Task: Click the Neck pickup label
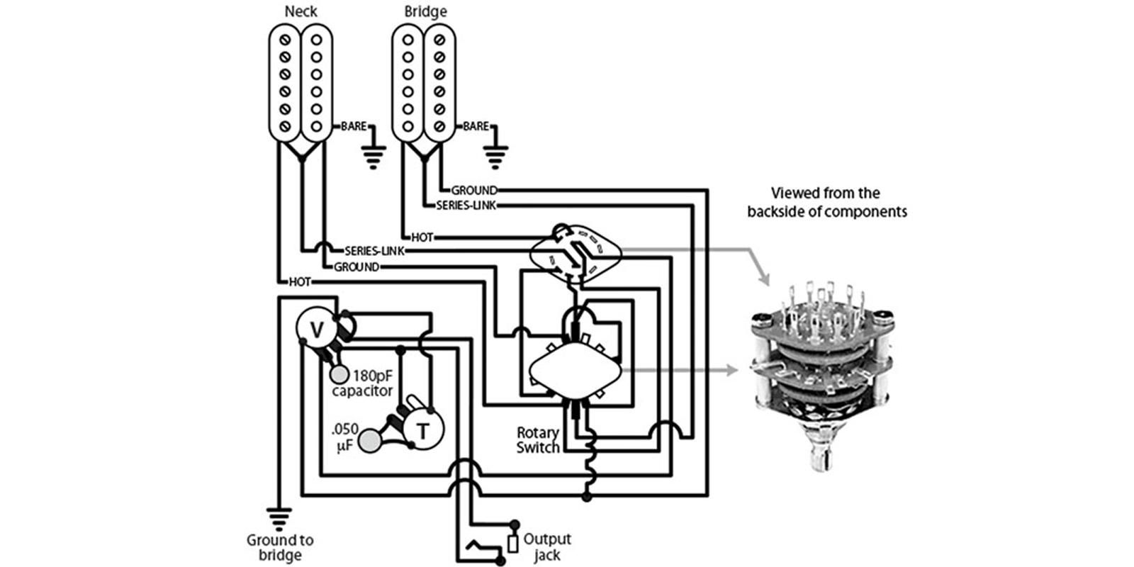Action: [301, 11]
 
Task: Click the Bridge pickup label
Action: [425, 11]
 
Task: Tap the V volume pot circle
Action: [317, 330]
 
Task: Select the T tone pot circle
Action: [422, 430]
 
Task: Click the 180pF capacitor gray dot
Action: [339, 375]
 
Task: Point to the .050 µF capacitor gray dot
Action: [370, 441]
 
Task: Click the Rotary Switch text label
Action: [538, 440]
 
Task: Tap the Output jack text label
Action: [546, 546]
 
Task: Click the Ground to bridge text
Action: [280, 547]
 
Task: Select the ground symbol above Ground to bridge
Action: [279, 519]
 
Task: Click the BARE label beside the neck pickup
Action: [354, 126]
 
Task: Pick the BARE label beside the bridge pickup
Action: [476, 126]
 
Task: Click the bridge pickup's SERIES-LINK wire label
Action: [466, 206]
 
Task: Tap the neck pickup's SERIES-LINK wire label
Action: [374, 251]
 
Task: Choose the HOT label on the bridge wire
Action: [422, 237]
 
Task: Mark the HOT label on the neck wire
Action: [300, 282]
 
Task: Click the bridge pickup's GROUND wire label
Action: [474, 191]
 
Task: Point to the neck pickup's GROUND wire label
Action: [357, 266]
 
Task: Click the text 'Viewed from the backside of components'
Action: [826, 202]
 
